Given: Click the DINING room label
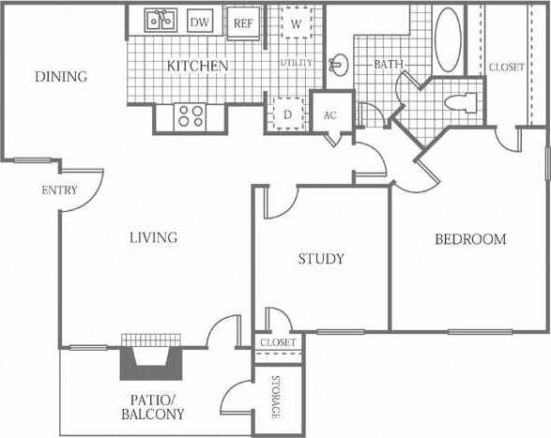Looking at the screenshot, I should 61,76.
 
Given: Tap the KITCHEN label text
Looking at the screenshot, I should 197,67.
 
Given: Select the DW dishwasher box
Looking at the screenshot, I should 200,22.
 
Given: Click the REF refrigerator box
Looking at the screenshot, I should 243,23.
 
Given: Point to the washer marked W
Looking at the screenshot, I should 296,23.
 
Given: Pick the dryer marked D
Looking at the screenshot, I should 287,113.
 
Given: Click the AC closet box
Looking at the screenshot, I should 329,114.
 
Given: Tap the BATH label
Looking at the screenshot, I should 388,65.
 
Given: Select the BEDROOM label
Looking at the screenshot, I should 470,239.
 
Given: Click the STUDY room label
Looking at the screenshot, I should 321,259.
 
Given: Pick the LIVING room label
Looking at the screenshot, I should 153,237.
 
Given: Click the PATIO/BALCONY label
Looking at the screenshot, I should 152,405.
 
